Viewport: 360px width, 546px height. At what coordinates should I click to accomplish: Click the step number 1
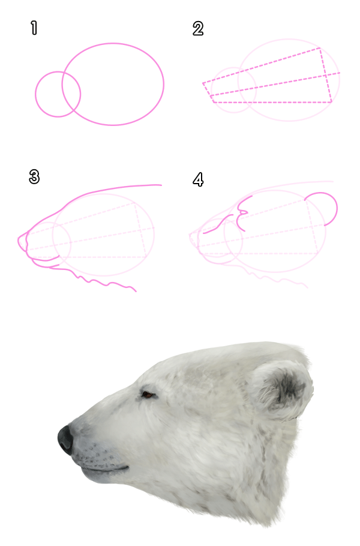[34, 28]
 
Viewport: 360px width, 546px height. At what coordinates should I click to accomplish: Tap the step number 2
[198, 29]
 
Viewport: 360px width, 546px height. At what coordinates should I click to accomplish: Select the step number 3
[34, 176]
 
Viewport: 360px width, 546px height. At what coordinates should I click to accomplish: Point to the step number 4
[198, 179]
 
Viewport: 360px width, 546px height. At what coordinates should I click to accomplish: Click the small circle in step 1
[35, 94]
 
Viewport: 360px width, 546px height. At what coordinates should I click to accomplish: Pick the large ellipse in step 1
[164, 84]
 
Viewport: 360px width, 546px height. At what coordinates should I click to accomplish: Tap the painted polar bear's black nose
[65, 439]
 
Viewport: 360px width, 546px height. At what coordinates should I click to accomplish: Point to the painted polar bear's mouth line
[104, 469]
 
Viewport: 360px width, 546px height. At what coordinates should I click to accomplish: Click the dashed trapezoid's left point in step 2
[203, 83]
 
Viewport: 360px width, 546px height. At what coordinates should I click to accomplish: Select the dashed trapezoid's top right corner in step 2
[320, 48]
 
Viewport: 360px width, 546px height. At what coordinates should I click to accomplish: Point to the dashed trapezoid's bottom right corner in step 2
[331, 103]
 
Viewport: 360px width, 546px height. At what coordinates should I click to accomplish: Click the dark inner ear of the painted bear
[289, 386]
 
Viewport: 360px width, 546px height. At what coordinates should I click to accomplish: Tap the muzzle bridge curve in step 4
[218, 224]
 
